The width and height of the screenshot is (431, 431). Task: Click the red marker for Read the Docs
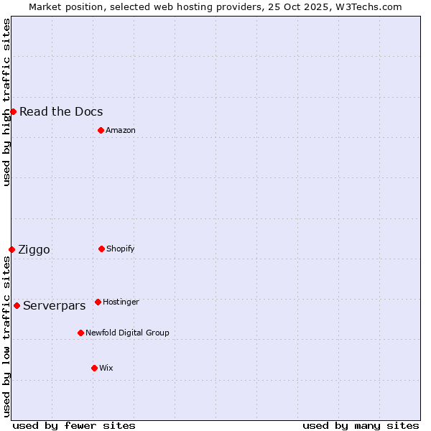13,111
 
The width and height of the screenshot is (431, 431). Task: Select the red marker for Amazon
101,130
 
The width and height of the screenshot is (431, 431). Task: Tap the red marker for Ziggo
11,249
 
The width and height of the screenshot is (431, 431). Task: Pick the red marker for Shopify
101,249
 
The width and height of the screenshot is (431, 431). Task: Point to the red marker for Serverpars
17,305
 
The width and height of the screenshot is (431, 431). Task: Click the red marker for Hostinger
98,302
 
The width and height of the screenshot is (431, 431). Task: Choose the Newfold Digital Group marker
80,333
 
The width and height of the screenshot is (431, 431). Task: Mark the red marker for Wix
94,368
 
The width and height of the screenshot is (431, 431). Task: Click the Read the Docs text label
61,111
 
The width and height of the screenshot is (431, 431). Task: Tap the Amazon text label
121,130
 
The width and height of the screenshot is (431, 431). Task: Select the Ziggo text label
34,249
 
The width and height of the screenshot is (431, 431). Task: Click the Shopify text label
121,249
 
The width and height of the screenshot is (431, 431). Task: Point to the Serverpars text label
55,305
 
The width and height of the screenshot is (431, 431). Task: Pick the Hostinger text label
121,302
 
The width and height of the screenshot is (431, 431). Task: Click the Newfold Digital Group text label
127,333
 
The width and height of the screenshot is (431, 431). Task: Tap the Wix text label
106,368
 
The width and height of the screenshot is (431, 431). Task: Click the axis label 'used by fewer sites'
74,425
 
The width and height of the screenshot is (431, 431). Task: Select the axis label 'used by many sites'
361,425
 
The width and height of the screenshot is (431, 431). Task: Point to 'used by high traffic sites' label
6,102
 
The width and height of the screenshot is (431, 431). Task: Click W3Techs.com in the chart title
367,6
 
